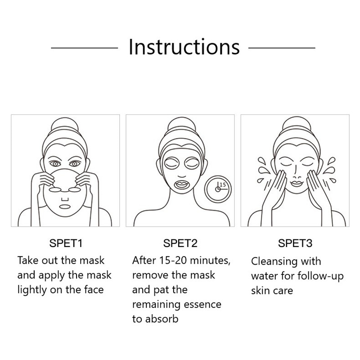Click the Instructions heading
(x=184, y=47)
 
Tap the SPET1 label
(x=66, y=243)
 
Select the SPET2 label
(x=180, y=243)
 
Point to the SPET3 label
(x=295, y=243)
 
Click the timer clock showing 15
(x=218, y=189)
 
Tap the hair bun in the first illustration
(x=65, y=125)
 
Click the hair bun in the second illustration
(x=182, y=125)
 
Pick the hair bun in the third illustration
(x=297, y=125)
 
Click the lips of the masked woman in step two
(x=182, y=184)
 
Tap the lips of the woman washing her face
(x=297, y=184)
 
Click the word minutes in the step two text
(x=210, y=261)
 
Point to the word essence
(x=202, y=305)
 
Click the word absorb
(x=162, y=319)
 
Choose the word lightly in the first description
(x=32, y=290)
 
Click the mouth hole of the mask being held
(x=65, y=207)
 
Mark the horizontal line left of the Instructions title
(x=85, y=48)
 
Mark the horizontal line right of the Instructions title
(x=282, y=48)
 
